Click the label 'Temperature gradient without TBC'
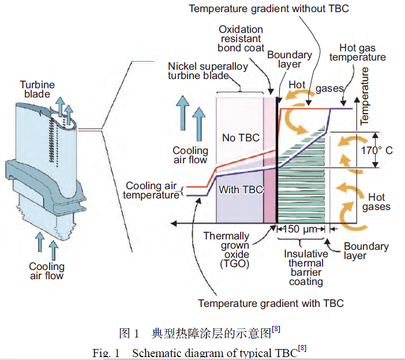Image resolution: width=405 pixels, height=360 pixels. click(x=268, y=9)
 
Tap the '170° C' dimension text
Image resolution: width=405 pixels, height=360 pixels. click(x=381, y=150)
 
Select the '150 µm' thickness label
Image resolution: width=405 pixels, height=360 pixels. click(x=300, y=229)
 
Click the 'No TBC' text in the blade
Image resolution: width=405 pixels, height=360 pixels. click(x=241, y=138)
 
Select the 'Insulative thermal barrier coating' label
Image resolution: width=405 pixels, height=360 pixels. click(x=306, y=268)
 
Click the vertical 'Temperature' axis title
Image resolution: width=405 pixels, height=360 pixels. click(x=364, y=96)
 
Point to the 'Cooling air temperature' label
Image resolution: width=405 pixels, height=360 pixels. click(x=152, y=190)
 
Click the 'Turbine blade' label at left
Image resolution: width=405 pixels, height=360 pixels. click(x=37, y=89)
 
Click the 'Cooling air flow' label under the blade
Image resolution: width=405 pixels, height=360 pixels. click(x=47, y=271)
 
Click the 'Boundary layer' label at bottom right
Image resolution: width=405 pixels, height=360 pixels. click(x=366, y=251)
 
